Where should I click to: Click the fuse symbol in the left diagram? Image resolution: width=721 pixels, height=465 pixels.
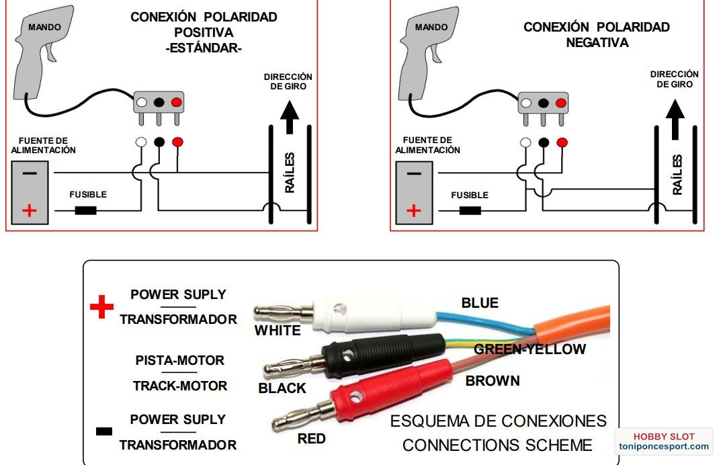pyautogui.click(x=85, y=210)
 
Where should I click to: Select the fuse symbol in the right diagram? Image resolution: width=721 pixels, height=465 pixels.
pyautogui.click(x=470, y=210)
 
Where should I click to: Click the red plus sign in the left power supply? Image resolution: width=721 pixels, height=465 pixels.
pyautogui.click(x=30, y=210)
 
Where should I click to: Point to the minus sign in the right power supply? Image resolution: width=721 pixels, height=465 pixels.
pyautogui.click(x=414, y=173)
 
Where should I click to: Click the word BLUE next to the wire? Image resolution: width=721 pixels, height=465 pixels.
pyautogui.click(x=480, y=303)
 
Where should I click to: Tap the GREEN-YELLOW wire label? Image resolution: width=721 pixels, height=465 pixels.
pyautogui.click(x=529, y=349)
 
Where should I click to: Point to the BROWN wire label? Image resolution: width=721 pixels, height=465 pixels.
pyautogui.click(x=493, y=381)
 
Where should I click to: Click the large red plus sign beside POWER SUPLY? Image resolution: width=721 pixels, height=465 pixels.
pyautogui.click(x=101, y=307)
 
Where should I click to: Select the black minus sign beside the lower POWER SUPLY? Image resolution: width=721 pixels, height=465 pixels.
pyautogui.click(x=104, y=431)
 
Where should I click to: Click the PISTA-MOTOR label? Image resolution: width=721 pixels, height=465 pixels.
pyautogui.click(x=179, y=361)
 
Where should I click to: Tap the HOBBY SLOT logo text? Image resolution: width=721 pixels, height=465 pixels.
pyautogui.click(x=664, y=435)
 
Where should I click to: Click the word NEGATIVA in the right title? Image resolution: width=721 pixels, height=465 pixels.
pyautogui.click(x=597, y=43)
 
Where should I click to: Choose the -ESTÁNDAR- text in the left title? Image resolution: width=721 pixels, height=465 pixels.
pyautogui.click(x=204, y=48)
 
